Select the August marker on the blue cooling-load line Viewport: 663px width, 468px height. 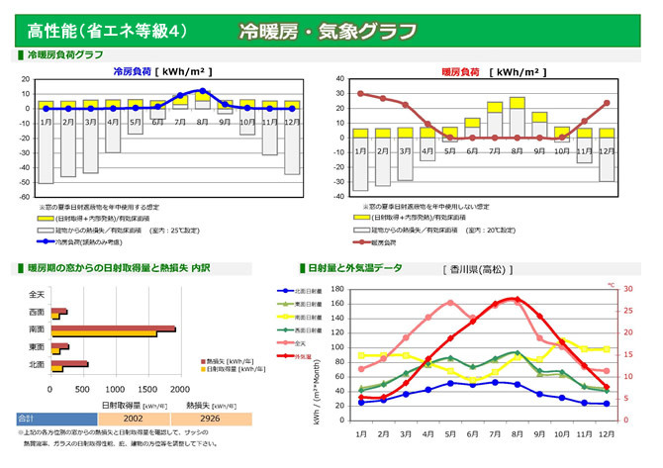(203, 91)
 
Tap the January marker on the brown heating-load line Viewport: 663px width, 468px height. (360, 94)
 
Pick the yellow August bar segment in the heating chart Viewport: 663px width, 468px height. (517, 102)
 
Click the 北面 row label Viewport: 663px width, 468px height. (37, 365)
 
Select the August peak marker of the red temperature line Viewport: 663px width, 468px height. (516, 299)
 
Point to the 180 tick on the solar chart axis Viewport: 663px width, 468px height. (337, 290)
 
